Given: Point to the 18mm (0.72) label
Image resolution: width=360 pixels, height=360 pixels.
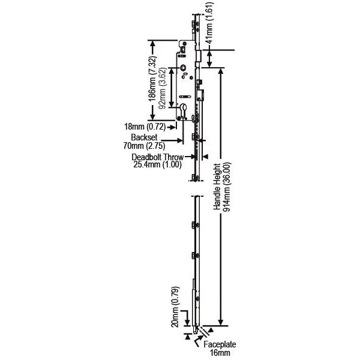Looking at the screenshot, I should pyautogui.click(x=144, y=127).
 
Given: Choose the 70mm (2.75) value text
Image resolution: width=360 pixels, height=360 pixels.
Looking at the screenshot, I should pyautogui.click(x=143, y=145).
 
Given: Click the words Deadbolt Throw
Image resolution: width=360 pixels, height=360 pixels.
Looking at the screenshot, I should pyautogui.click(x=158, y=157).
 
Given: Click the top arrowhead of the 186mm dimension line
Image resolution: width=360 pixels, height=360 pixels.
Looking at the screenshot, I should pyautogui.click(x=154, y=44).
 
